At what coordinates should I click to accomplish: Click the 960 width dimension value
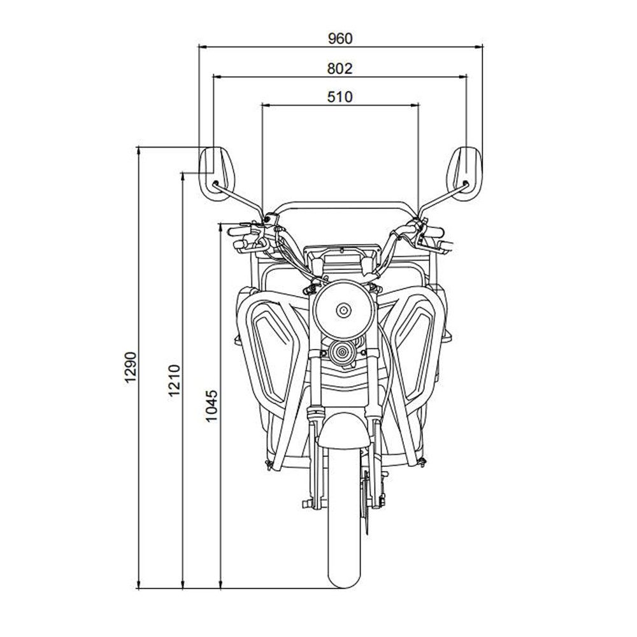click(x=340, y=39)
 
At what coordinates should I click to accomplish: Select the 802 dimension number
click(x=340, y=69)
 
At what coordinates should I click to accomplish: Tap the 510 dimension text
click(x=340, y=97)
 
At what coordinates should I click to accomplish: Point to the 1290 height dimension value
click(x=131, y=367)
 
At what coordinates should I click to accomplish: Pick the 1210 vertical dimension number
click(x=174, y=380)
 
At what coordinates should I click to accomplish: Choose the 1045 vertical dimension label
click(x=211, y=406)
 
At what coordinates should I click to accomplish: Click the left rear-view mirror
click(x=216, y=174)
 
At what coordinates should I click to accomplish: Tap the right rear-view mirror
click(x=464, y=174)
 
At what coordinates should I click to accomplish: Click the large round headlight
click(x=343, y=310)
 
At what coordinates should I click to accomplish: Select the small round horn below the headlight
click(x=342, y=352)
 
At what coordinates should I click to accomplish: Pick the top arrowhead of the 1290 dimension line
click(x=140, y=151)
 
